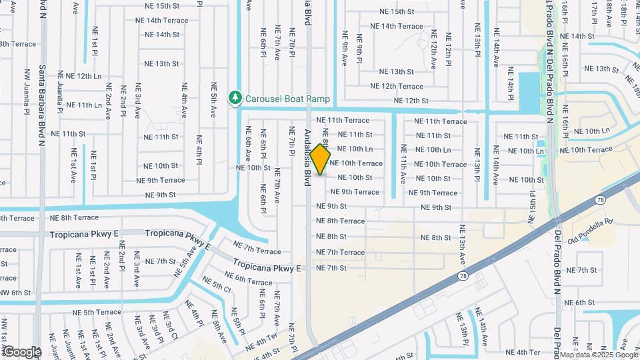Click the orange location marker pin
tap(320, 159)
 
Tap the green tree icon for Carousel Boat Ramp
tap(234, 99)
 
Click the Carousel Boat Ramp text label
tap(287, 99)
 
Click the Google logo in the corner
tap(21, 351)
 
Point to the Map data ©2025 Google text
tap(598, 354)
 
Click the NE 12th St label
tap(411, 101)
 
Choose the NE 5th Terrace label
tap(97, 312)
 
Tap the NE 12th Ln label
tap(79, 76)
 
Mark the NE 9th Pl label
tap(358, 50)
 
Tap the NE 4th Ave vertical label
tap(184, 99)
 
